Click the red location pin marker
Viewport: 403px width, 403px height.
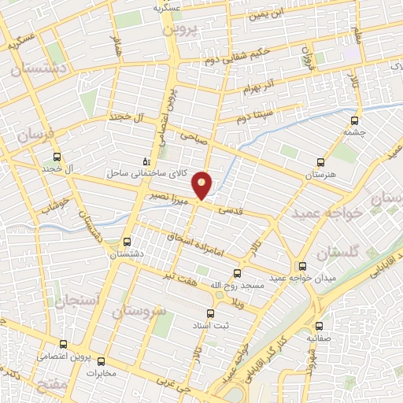pyautogui.click(x=202, y=184)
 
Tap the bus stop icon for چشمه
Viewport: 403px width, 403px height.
pyautogui.click(x=355, y=121)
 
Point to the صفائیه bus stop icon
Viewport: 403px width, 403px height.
pyautogui.click(x=318, y=326)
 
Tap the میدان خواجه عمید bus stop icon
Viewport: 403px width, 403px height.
pyautogui.click(x=302, y=266)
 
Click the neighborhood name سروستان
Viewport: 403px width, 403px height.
pyautogui.click(x=139, y=312)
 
